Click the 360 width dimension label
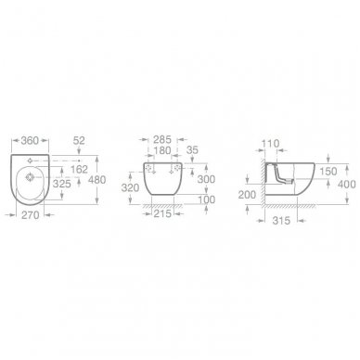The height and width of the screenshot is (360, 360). (x=30, y=141)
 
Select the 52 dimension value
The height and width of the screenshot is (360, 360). (x=79, y=141)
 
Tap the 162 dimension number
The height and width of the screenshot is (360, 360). (x=79, y=169)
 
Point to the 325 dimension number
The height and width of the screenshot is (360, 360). (x=62, y=184)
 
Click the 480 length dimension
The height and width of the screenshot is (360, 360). (x=97, y=180)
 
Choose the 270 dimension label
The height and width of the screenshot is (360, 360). (x=31, y=215)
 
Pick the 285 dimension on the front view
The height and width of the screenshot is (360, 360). (x=162, y=140)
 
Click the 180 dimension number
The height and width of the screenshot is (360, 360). (x=162, y=150)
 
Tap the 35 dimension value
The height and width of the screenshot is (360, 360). (x=192, y=150)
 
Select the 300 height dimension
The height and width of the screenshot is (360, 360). (x=206, y=179)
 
